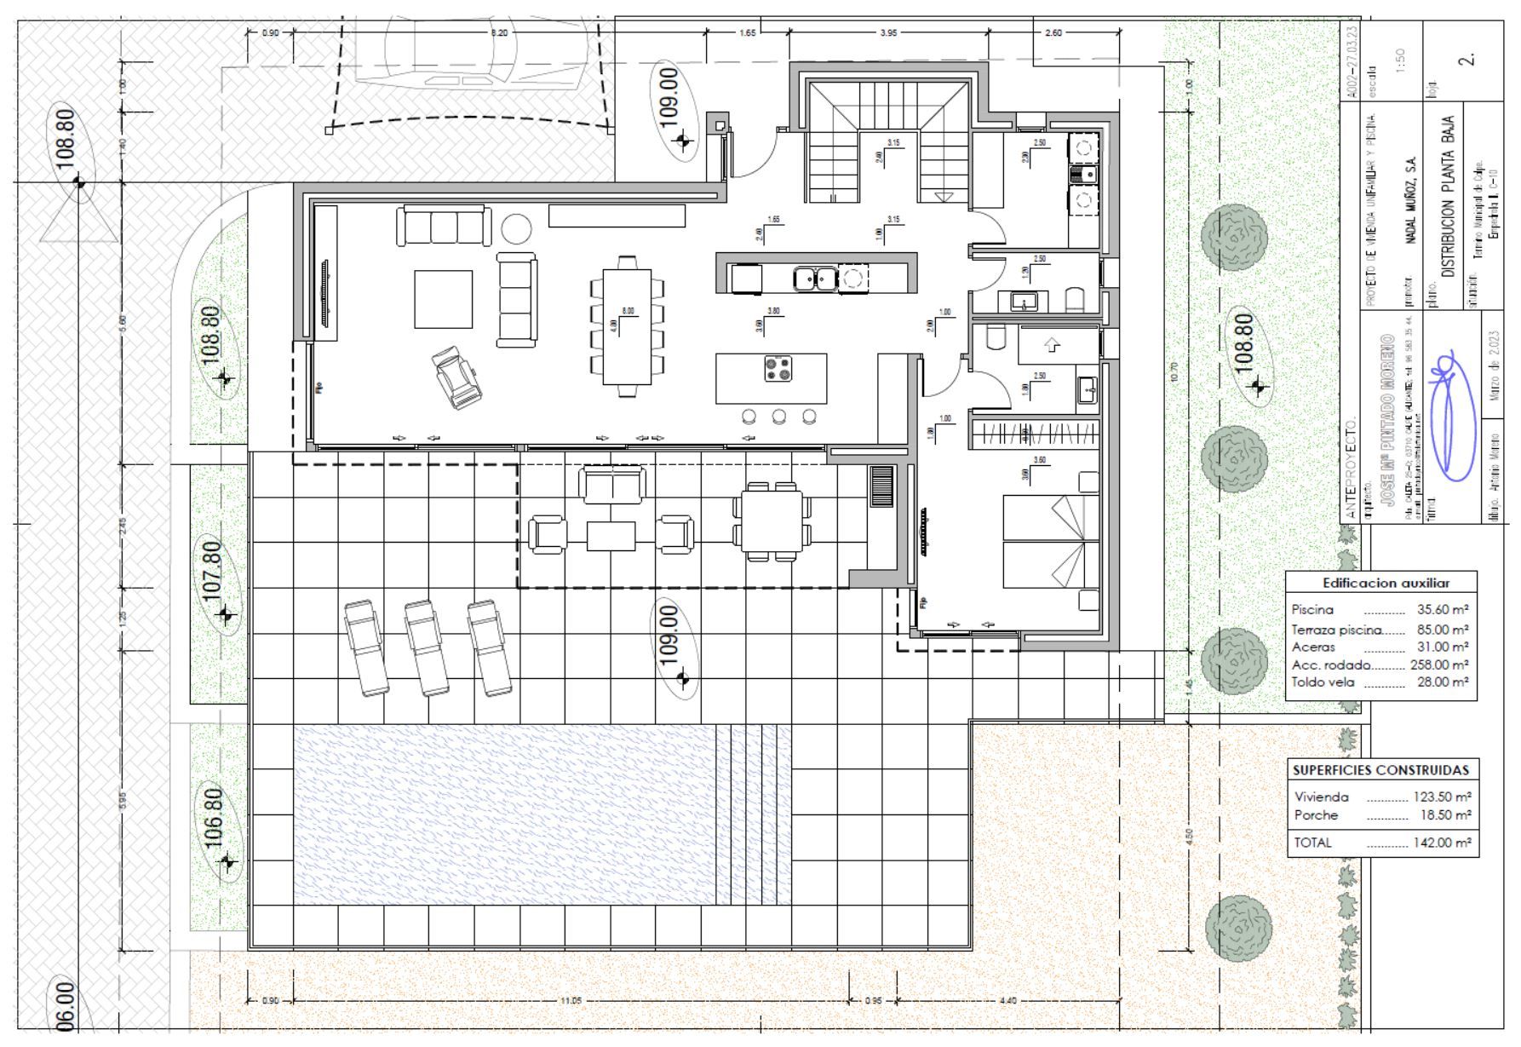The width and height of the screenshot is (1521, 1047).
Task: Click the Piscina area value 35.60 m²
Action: (1442, 610)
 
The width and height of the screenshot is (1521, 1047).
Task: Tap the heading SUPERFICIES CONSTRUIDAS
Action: (1380, 770)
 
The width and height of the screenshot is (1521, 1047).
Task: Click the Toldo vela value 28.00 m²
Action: (1442, 682)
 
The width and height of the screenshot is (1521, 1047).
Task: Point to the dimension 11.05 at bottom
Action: (571, 1000)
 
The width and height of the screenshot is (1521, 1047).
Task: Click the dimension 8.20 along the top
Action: (499, 32)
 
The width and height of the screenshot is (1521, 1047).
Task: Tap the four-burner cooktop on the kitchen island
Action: (778, 368)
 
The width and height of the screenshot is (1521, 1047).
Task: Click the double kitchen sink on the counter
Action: (815, 278)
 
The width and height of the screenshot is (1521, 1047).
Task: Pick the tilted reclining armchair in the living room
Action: (458, 377)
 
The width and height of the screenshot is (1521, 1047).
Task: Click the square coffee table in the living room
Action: (443, 299)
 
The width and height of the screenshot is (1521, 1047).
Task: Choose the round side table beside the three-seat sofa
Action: (516, 228)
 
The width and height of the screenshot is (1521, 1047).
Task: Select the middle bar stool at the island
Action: (778, 417)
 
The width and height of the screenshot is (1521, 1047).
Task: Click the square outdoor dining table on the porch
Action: (772, 522)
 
